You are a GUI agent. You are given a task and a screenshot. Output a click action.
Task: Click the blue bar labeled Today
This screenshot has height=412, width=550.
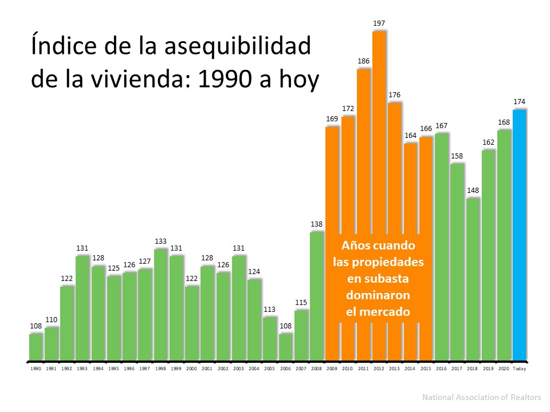[519, 235]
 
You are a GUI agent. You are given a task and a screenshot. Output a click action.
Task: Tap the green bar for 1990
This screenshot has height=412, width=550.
[36, 347]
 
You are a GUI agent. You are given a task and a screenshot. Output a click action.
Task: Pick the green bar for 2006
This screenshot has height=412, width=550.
[285, 347]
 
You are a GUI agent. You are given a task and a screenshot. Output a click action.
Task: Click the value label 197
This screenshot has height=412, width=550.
[379, 23]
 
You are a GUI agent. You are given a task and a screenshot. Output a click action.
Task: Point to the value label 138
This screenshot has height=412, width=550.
[317, 224]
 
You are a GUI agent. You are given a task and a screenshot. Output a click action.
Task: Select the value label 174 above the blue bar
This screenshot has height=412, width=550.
[519, 102]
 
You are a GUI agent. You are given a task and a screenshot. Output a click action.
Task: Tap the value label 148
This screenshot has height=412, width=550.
[473, 191]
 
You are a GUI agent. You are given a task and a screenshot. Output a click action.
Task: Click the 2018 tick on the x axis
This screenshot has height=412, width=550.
[473, 369]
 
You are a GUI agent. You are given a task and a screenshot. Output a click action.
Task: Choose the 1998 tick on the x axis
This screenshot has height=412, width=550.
[161, 369]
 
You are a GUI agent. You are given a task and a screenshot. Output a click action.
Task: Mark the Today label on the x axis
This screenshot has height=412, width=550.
[519, 369]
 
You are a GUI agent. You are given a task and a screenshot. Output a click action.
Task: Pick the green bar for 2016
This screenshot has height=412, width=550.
[441, 246]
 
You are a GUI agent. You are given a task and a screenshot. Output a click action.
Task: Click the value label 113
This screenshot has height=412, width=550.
[270, 310]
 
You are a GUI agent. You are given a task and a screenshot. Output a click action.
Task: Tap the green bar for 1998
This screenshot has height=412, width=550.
[161, 303]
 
